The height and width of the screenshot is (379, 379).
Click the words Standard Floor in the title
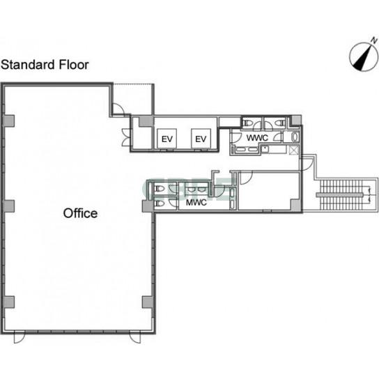(x=45, y=65)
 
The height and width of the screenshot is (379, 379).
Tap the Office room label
(x=80, y=213)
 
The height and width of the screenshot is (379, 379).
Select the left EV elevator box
(x=167, y=139)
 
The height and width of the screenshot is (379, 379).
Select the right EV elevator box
(x=201, y=139)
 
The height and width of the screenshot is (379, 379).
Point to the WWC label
(x=257, y=138)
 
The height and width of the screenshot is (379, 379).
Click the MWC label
(x=196, y=203)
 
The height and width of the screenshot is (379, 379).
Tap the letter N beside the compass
(x=374, y=40)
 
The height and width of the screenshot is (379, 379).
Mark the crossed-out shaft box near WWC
(x=294, y=150)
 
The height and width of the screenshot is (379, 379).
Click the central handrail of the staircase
(x=340, y=195)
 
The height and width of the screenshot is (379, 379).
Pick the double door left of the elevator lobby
(x=126, y=138)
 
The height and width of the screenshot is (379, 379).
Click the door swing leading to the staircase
(x=307, y=164)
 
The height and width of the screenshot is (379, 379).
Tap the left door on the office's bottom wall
(x=19, y=337)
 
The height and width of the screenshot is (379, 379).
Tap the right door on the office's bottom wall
(x=135, y=337)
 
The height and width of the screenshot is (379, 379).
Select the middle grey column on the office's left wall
(x=8, y=206)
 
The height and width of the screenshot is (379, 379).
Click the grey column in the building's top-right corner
(x=296, y=121)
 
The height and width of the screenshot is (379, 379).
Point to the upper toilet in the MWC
(x=158, y=189)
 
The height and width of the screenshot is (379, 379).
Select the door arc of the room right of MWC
(x=246, y=178)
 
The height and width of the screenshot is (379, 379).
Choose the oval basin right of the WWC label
(x=295, y=137)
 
